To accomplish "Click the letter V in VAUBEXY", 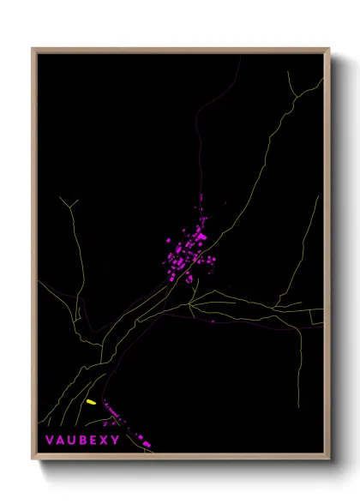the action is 49,441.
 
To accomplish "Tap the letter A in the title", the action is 63,441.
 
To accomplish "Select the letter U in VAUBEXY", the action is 76,441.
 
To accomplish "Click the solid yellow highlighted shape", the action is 91,401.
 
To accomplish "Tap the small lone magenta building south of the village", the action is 212,322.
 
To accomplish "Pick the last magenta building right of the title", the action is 151,444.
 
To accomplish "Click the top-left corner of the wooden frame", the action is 33,49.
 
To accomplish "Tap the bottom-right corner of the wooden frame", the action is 330,460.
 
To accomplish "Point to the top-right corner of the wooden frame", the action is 330,49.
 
